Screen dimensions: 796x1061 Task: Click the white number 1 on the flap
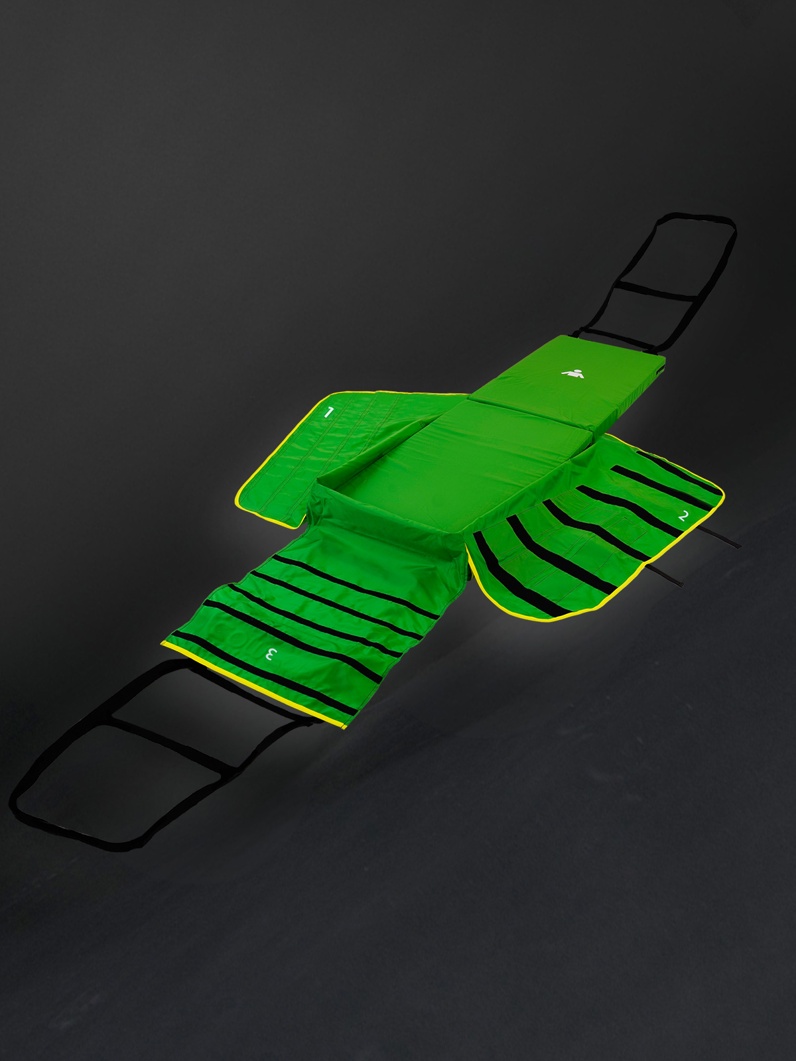click(x=328, y=412)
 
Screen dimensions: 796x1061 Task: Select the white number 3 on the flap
click(x=271, y=655)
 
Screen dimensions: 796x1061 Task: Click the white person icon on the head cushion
click(x=573, y=373)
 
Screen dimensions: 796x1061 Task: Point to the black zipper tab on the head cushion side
click(x=661, y=370)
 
